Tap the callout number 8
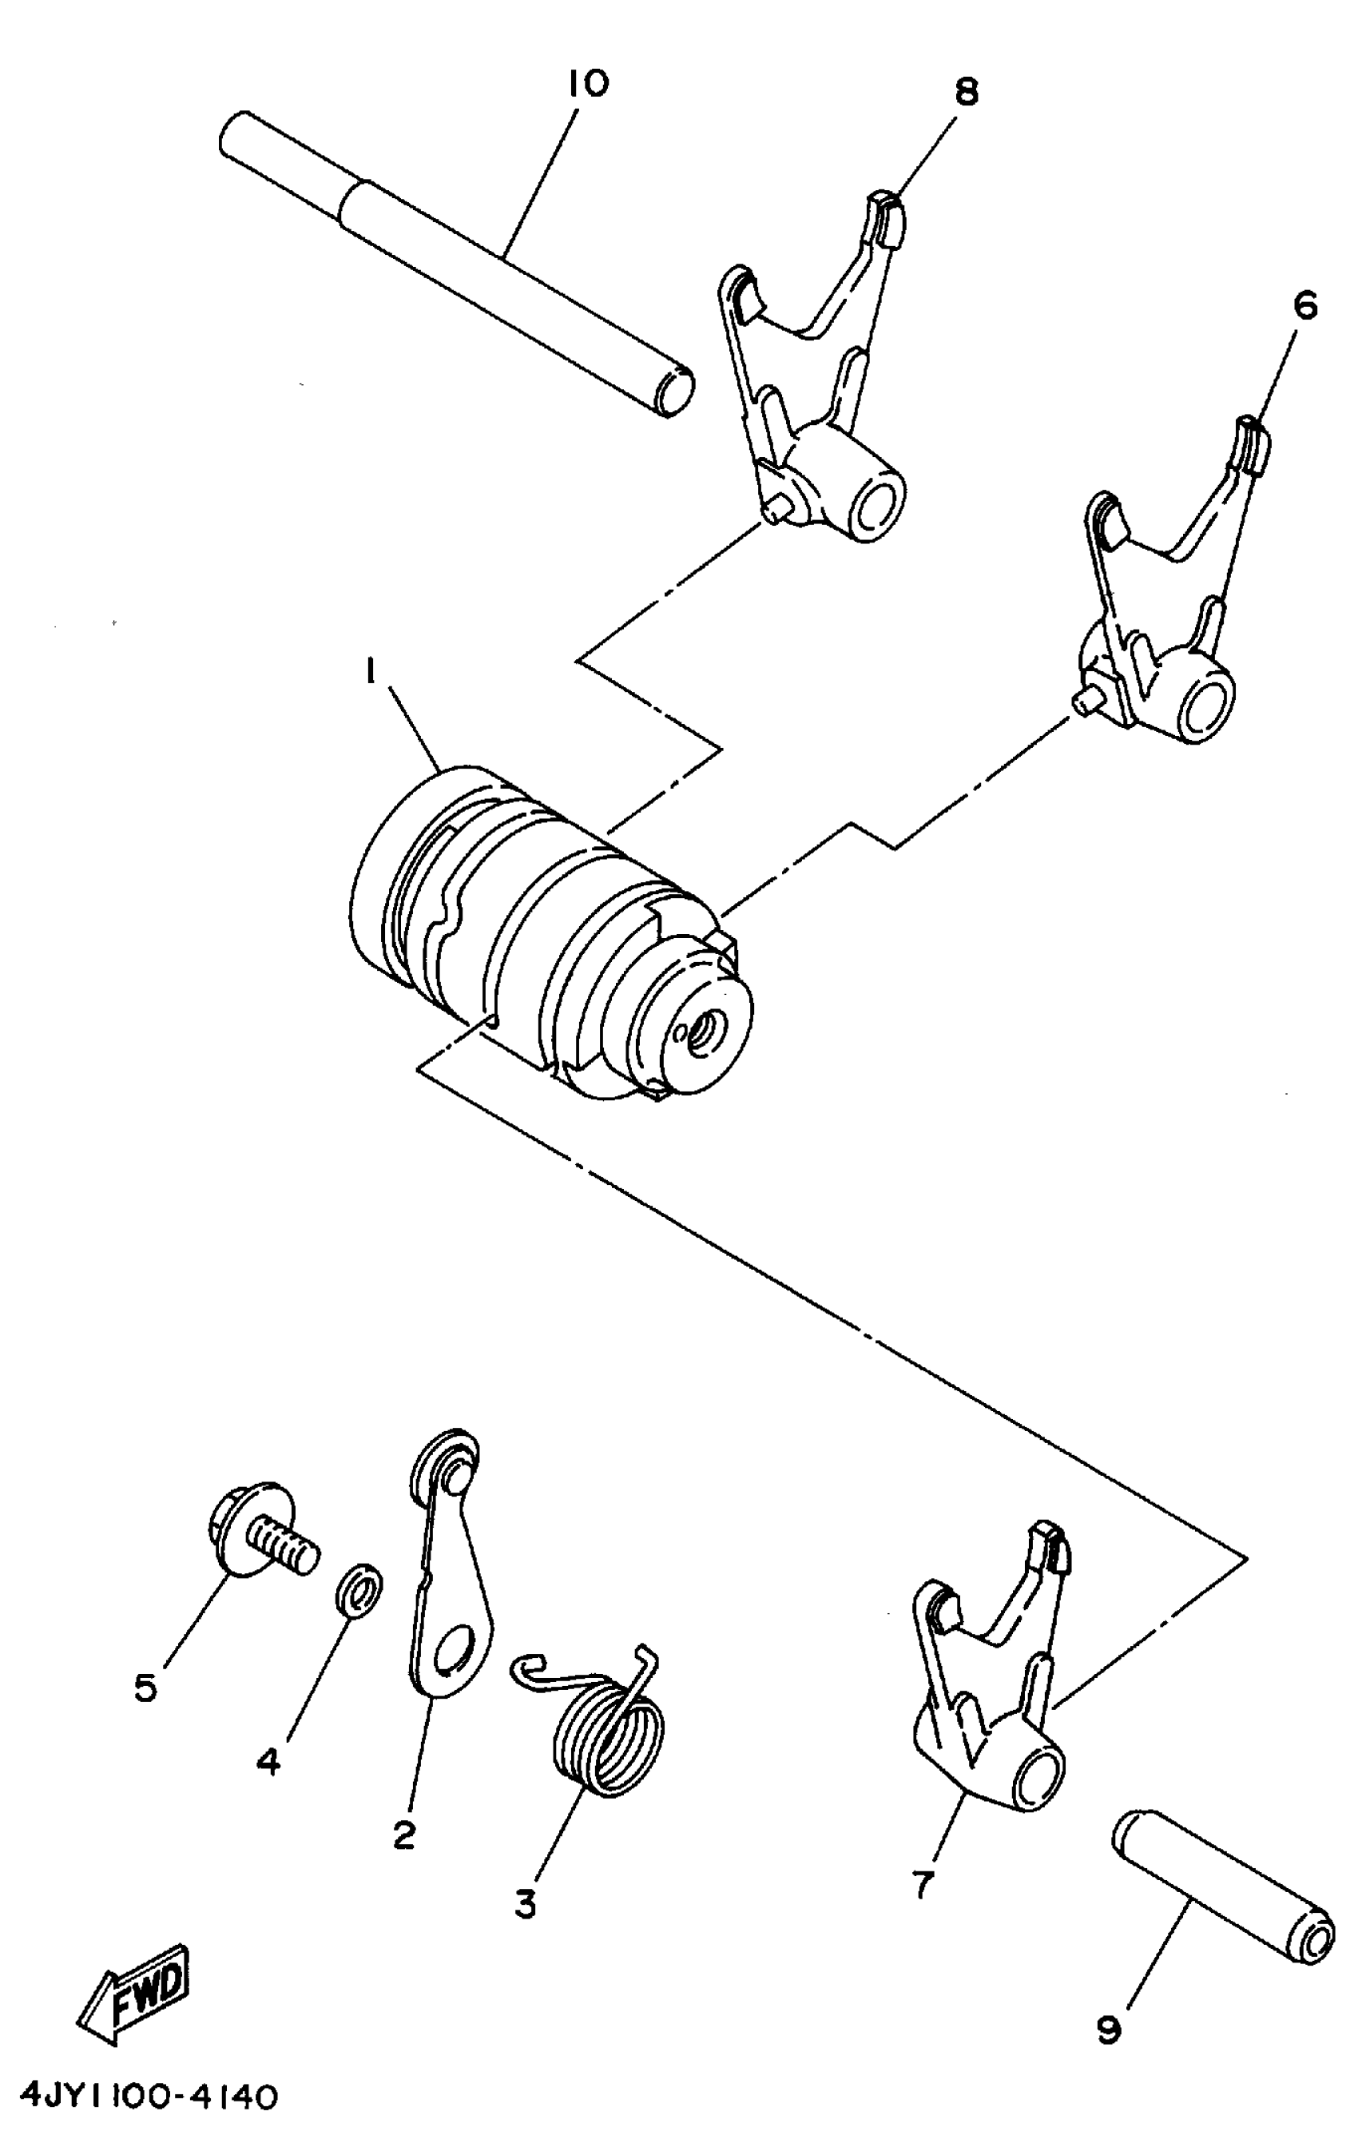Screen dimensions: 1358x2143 [966, 92]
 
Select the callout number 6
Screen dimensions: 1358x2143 [1304, 306]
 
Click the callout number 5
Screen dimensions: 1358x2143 [146, 1688]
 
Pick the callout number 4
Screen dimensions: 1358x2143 [268, 1761]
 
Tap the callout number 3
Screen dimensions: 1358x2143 [526, 1903]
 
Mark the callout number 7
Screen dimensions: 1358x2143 [923, 1883]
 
